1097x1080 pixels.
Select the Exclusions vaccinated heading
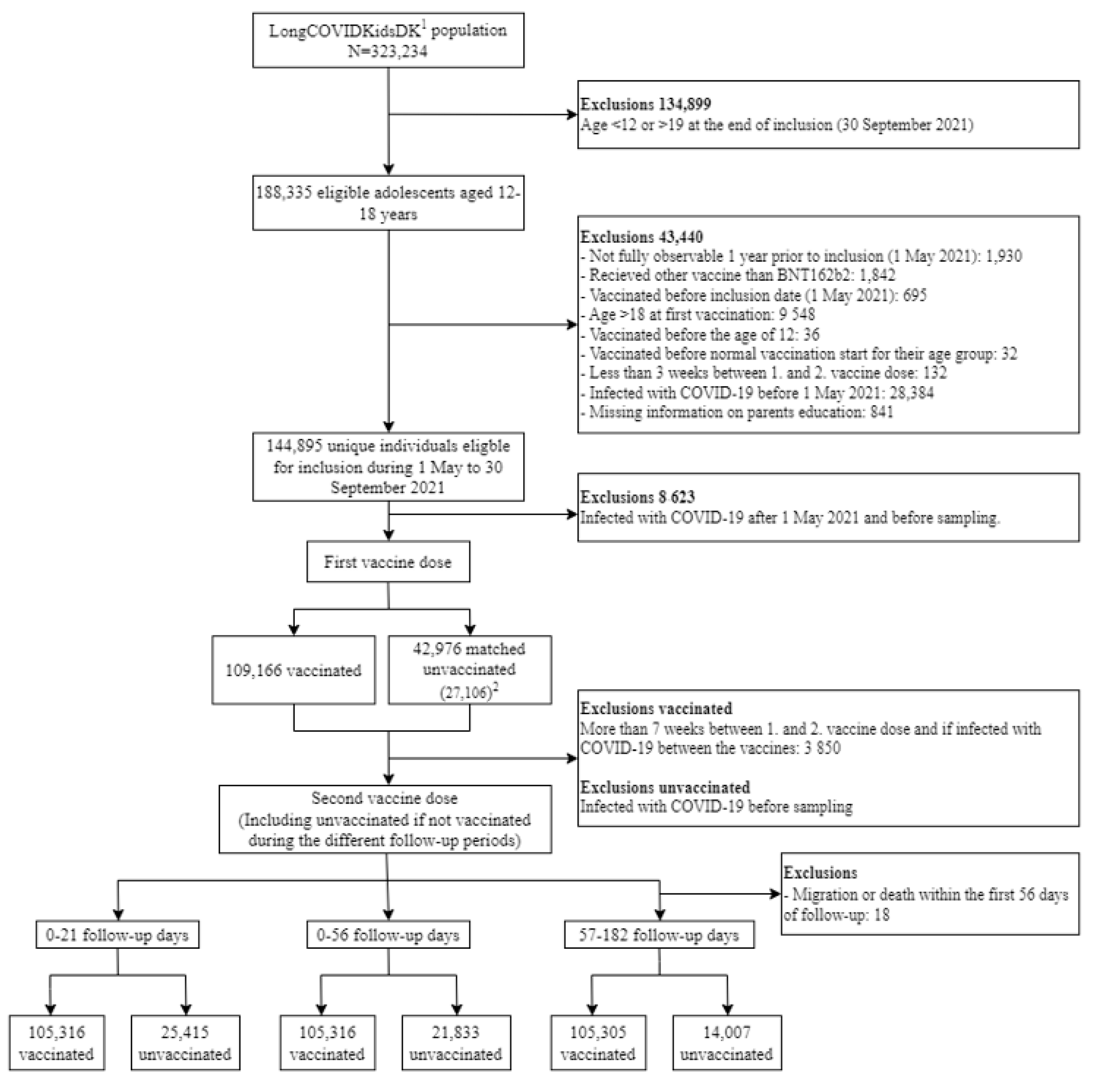coord(656,709)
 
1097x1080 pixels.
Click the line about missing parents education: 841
coord(736,413)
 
